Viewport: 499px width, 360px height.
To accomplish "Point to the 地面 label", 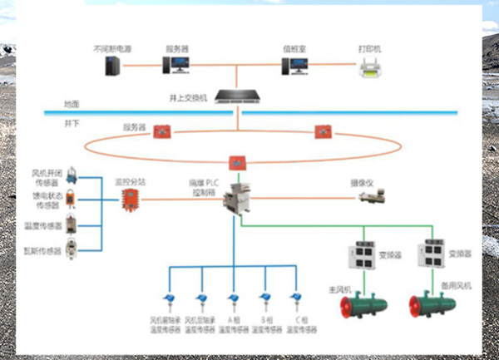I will pyautogui.click(x=72, y=105).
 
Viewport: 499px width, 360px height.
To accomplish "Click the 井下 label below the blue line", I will pyautogui.click(x=72, y=121).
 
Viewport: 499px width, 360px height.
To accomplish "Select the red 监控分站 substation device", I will pyautogui.click(x=130, y=200).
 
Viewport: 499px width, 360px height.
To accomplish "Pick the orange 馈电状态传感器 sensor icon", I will pyautogui.click(x=73, y=199).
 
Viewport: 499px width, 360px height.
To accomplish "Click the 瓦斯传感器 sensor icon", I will pyautogui.click(x=73, y=247).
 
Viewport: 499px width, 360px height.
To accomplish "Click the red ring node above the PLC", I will pyautogui.click(x=236, y=160).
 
